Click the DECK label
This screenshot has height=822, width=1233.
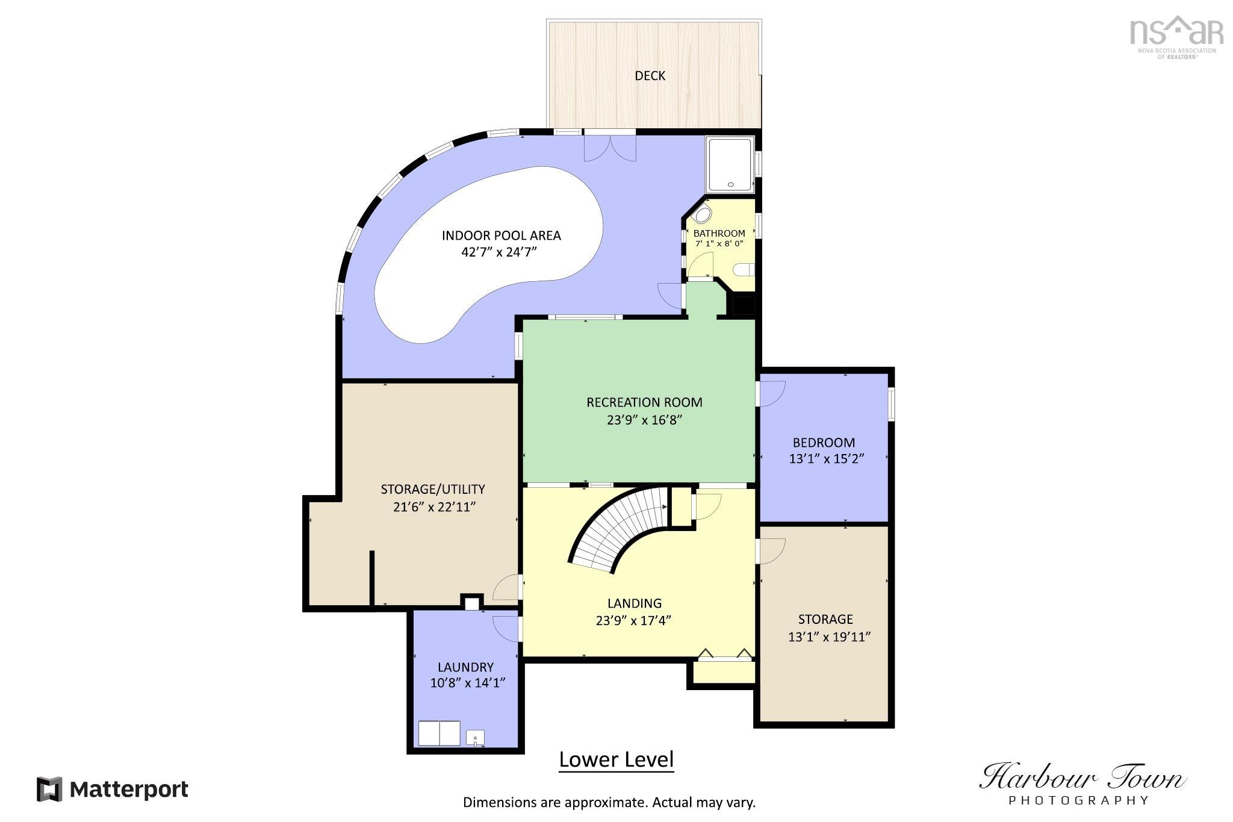(x=650, y=76)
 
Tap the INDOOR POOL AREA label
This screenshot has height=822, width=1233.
(x=501, y=235)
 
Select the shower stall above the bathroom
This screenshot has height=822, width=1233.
(x=730, y=165)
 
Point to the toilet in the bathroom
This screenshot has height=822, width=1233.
(x=745, y=269)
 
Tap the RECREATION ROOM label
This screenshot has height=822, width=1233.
(x=644, y=402)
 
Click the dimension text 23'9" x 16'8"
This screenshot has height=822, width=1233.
(x=644, y=420)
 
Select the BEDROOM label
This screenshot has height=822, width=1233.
(x=824, y=443)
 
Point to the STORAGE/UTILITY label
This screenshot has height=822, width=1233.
(x=433, y=490)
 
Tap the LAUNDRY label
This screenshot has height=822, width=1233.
(x=465, y=667)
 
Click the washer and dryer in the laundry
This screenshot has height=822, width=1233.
(x=439, y=733)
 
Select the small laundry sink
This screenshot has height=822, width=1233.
(x=475, y=738)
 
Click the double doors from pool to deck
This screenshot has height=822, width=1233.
(x=610, y=148)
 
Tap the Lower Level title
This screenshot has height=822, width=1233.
(x=616, y=760)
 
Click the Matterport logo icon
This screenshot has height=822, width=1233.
(x=49, y=789)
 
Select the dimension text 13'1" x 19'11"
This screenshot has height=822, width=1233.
(x=829, y=637)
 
